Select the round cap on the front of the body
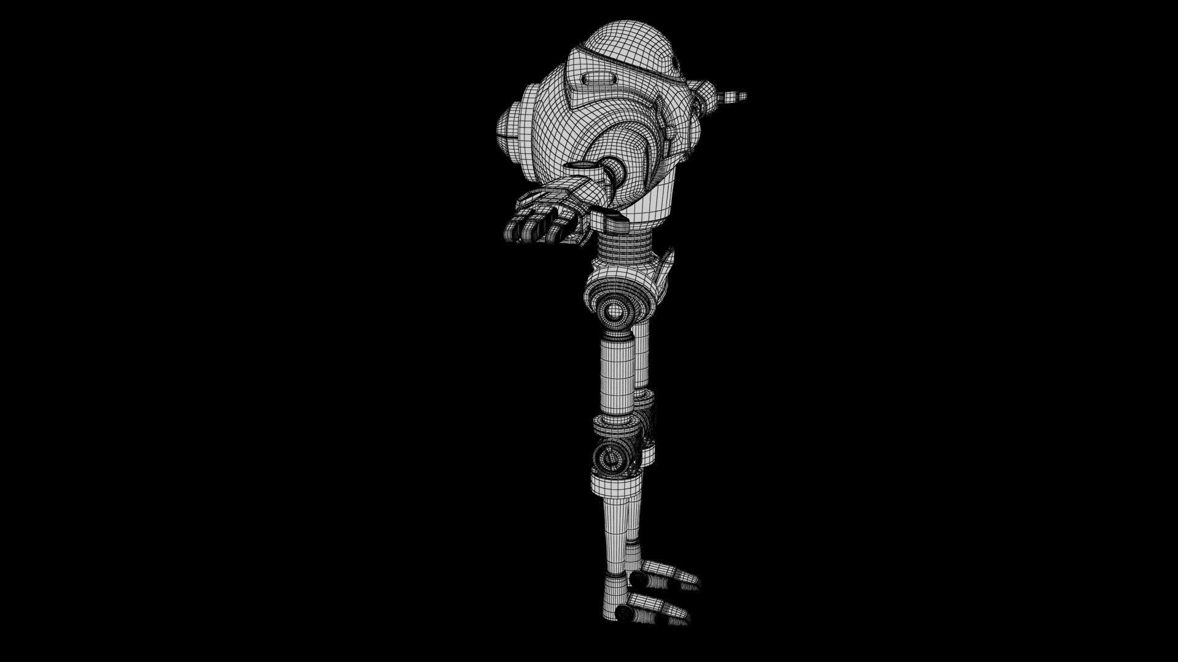tap(507, 127)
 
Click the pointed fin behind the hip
tap(666, 270)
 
